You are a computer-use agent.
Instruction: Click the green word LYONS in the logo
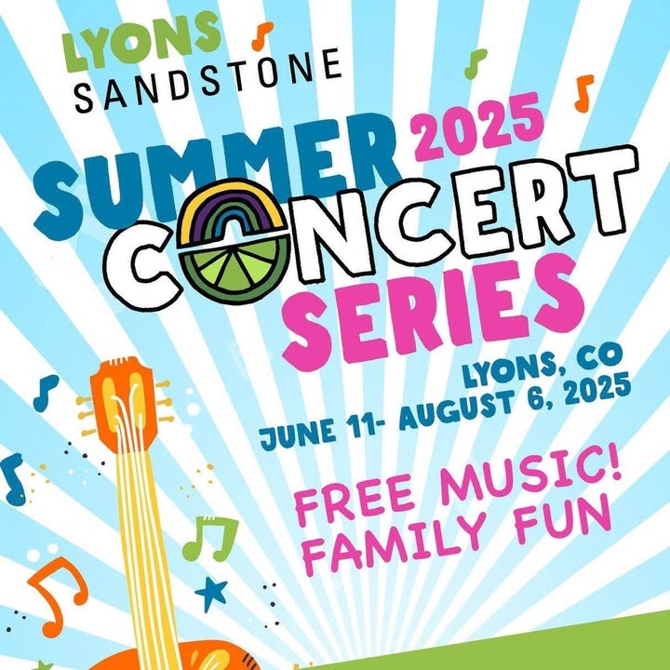pyautogui.click(x=141, y=41)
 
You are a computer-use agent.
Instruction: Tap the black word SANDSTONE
pyautogui.click(x=208, y=80)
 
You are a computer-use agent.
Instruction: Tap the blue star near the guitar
pyautogui.click(x=211, y=593)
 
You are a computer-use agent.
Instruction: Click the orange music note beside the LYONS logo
pyautogui.click(x=261, y=36)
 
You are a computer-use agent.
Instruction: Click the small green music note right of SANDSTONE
pyautogui.click(x=476, y=64)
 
